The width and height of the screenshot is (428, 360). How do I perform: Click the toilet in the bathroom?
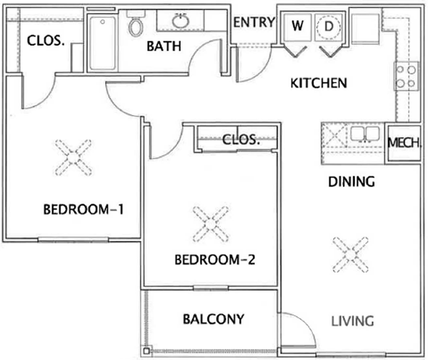pyautogui.click(x=136, y=24)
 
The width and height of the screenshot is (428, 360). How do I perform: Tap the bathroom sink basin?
pyautogui.click(x=181, y=21)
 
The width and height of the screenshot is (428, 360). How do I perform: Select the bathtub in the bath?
pyautogui.click(x=103, y=43)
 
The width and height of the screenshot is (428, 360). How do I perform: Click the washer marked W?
pyautogui.click(x=297, y=27)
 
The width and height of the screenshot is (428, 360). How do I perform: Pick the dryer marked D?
pyautogui.click(x=329, y=27)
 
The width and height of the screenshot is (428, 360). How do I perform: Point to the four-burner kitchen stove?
pyautogui.click(x=406, y=76)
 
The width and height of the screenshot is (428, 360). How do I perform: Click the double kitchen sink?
pyautogui.click(x=365, y=134)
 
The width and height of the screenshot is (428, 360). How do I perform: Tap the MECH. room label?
pyautogui.click(x=404, y=142)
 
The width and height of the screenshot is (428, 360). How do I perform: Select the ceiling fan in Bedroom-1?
pyautogui.click(x=73, y=157)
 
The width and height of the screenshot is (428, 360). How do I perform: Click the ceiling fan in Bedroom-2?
pyautogui.click(x=211, y=224)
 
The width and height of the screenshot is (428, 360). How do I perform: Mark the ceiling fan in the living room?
pyautogui.click(x=351, y=255)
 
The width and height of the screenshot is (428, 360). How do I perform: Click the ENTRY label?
pyautogui.click(x=254, y=22)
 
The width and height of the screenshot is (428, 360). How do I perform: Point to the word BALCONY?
pyautogui.click(x=214, y=319)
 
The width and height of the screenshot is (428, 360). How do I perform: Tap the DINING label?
pyautogui.click(x=352, y=181)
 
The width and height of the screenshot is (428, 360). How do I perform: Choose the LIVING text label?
pyautogui.click(x=352, y=321)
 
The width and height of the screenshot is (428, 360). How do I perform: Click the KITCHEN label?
pyautogui.click(x=319, y=84)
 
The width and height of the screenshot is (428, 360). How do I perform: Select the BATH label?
pyautogui.click(x=164, y=46)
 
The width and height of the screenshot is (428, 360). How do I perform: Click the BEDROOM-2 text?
pyautogui.click(x=215, y=259)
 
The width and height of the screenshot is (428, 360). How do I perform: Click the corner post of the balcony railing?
pyautogui.click(x=146, y=351)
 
